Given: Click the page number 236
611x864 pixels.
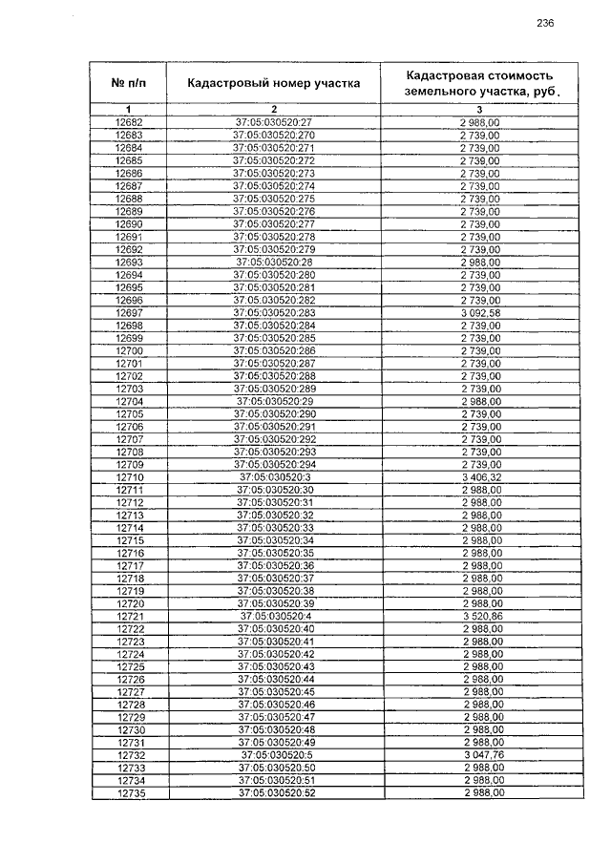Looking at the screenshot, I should click(545, 23).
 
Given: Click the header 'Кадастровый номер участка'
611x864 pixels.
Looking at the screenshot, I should click(274, 83).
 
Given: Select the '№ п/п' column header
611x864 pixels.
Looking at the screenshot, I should click(128, 83).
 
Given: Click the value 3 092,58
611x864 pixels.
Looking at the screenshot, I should click(481, 312).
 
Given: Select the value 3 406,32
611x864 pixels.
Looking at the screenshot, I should click(481, 476).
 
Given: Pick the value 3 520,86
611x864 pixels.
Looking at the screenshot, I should click(481, 617).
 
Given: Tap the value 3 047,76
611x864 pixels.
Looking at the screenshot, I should click(481, 755).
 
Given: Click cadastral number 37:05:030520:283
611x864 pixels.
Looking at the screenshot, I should click(274, 312).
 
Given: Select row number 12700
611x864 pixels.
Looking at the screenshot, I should click(129, 351).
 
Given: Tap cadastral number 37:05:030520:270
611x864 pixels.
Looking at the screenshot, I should click(274, 137).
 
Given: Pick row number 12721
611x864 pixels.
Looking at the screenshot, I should click(130, 617).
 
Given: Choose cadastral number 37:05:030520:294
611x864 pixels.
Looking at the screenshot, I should click(275, 464).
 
